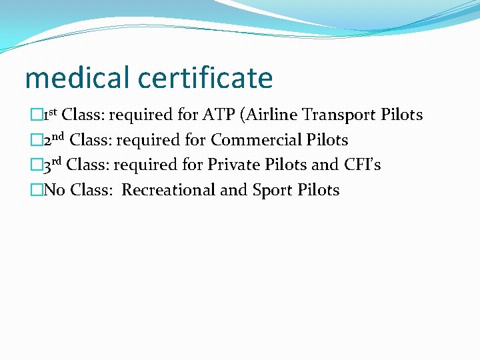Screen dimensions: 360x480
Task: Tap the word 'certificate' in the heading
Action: coord(206,78)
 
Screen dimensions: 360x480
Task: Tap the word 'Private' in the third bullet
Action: coord(231,165)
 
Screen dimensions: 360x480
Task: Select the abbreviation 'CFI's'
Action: coord(363,165)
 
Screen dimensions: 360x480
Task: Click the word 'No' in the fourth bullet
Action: coord(54,190)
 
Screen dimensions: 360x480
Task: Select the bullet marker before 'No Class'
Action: coord(35,190)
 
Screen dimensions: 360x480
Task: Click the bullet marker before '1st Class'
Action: coord(35,115)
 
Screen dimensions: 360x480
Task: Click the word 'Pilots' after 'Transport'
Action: coord(401,115)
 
